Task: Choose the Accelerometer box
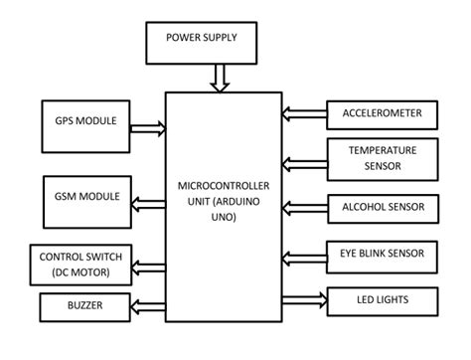point(381,114)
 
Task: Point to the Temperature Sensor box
point(381,158)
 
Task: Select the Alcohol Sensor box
point(382,207)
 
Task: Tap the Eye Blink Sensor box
point(382,255)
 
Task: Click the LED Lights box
point(381,299)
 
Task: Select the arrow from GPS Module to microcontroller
point(148,126)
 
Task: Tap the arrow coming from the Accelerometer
point(303,112)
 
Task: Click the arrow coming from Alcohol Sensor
point(303,206)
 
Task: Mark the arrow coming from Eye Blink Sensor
point(303,256)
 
